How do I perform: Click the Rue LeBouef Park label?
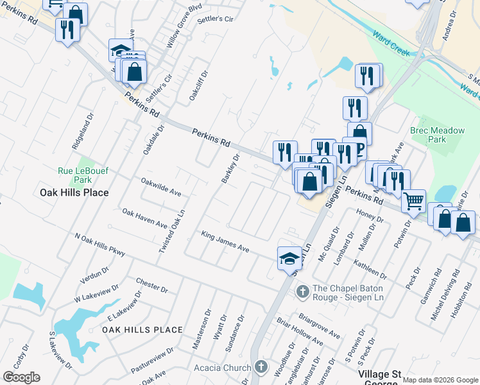83,175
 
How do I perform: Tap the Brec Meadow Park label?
437,135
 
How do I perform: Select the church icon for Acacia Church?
261,368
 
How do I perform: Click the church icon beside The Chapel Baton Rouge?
302,292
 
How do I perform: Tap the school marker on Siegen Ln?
289,258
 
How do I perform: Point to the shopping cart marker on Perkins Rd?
413,201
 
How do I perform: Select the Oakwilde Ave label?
161,187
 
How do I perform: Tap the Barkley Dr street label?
230,168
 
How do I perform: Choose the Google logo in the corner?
21,377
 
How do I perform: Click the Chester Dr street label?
152,286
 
